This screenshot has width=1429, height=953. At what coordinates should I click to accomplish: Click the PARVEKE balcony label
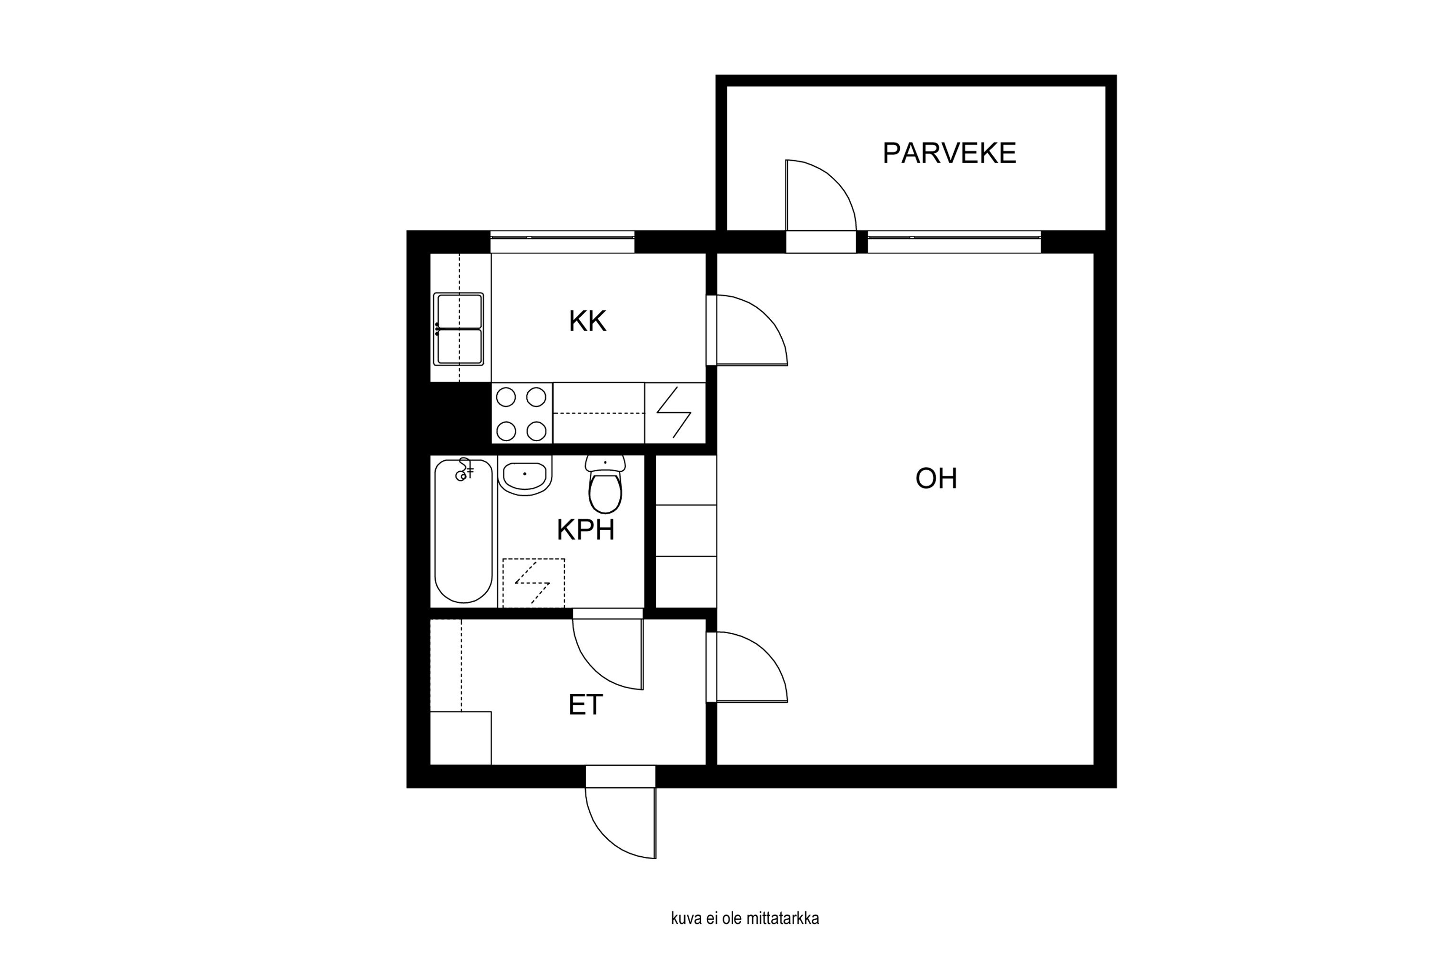[x=949, y=153]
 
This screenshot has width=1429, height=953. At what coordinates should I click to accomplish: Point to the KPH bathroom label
[x=585, y=530]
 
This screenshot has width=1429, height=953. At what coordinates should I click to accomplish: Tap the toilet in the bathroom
[x=605, y=486]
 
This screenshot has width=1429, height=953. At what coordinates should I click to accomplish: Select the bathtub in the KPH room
[x=463, y=531]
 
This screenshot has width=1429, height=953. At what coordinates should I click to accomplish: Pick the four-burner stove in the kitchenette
[x=521, y=413]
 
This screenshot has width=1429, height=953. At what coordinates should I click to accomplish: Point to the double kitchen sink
[x=459, y=329]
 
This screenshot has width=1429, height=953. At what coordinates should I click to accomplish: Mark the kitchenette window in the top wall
[x=562, y=242]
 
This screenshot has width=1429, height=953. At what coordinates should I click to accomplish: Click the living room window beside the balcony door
[x=954, y=242]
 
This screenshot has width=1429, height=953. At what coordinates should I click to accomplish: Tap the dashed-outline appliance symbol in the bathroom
[x=533, y=582]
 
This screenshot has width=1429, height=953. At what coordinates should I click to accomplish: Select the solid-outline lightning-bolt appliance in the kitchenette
[x=675, y=413]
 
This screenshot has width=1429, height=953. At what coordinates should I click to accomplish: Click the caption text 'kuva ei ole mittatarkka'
[x=745, y=918]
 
